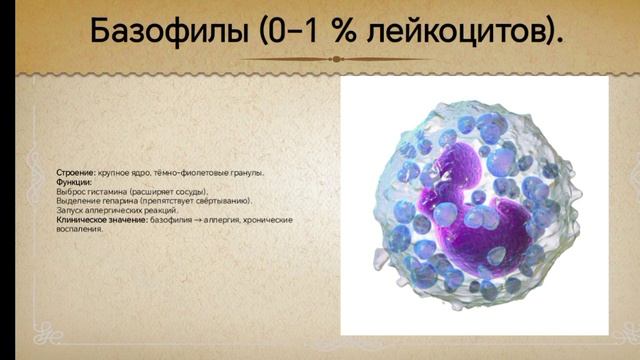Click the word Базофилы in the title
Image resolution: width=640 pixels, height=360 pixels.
[x=165, y=32]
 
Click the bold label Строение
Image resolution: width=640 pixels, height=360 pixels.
[x=76, y=173]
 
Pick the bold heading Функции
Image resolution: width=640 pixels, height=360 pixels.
[x=74, y=182]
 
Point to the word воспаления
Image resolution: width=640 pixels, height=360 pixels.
[x=79, y=229]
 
